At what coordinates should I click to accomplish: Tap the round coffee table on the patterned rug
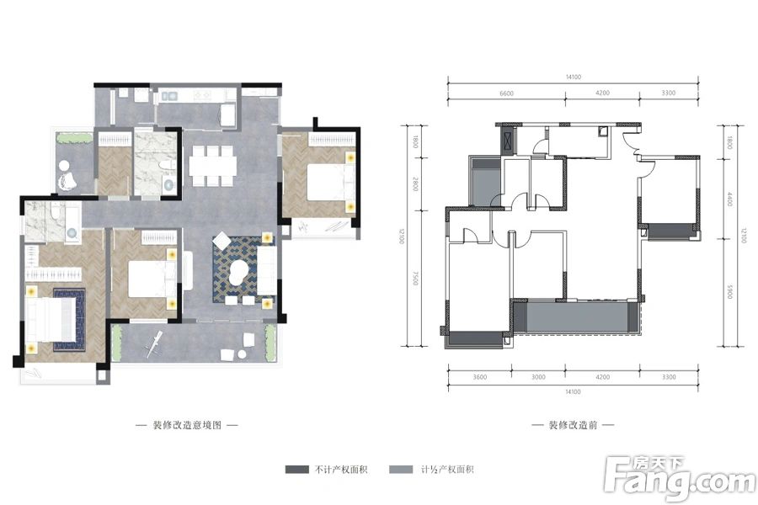(x=239, y=271)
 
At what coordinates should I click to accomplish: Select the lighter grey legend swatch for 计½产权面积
(x=403, y=470)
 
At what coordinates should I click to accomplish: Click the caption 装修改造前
(x=574, y=426)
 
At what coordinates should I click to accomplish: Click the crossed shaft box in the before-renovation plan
(x=508, y=139)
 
